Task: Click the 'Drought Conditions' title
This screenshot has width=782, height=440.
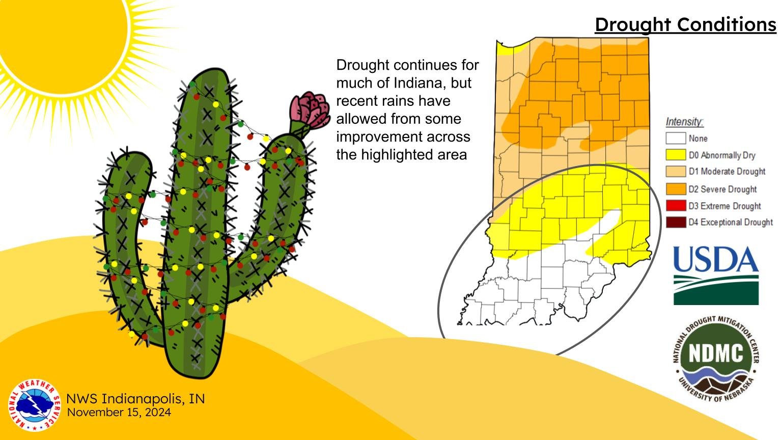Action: tap(685, 24)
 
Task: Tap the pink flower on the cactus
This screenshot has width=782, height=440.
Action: tap(309, 110)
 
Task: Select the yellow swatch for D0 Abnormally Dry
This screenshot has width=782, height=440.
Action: tap(676, 155)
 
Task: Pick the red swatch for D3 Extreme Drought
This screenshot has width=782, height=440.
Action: tap(676, 206)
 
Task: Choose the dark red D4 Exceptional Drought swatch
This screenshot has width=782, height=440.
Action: tap(676, 223)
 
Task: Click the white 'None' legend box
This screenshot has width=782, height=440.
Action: tap(676, 138)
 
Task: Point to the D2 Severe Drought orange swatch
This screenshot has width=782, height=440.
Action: tap(676, 189)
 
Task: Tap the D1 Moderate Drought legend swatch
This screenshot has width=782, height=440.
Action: tap(676, 172)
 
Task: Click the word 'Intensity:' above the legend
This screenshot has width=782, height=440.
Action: tap(684, 122)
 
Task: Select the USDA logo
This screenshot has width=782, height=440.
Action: tap(716, 275)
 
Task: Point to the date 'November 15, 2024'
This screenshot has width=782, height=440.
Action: tap(119, 412)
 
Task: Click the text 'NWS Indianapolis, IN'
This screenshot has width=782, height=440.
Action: tap(135, 398)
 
